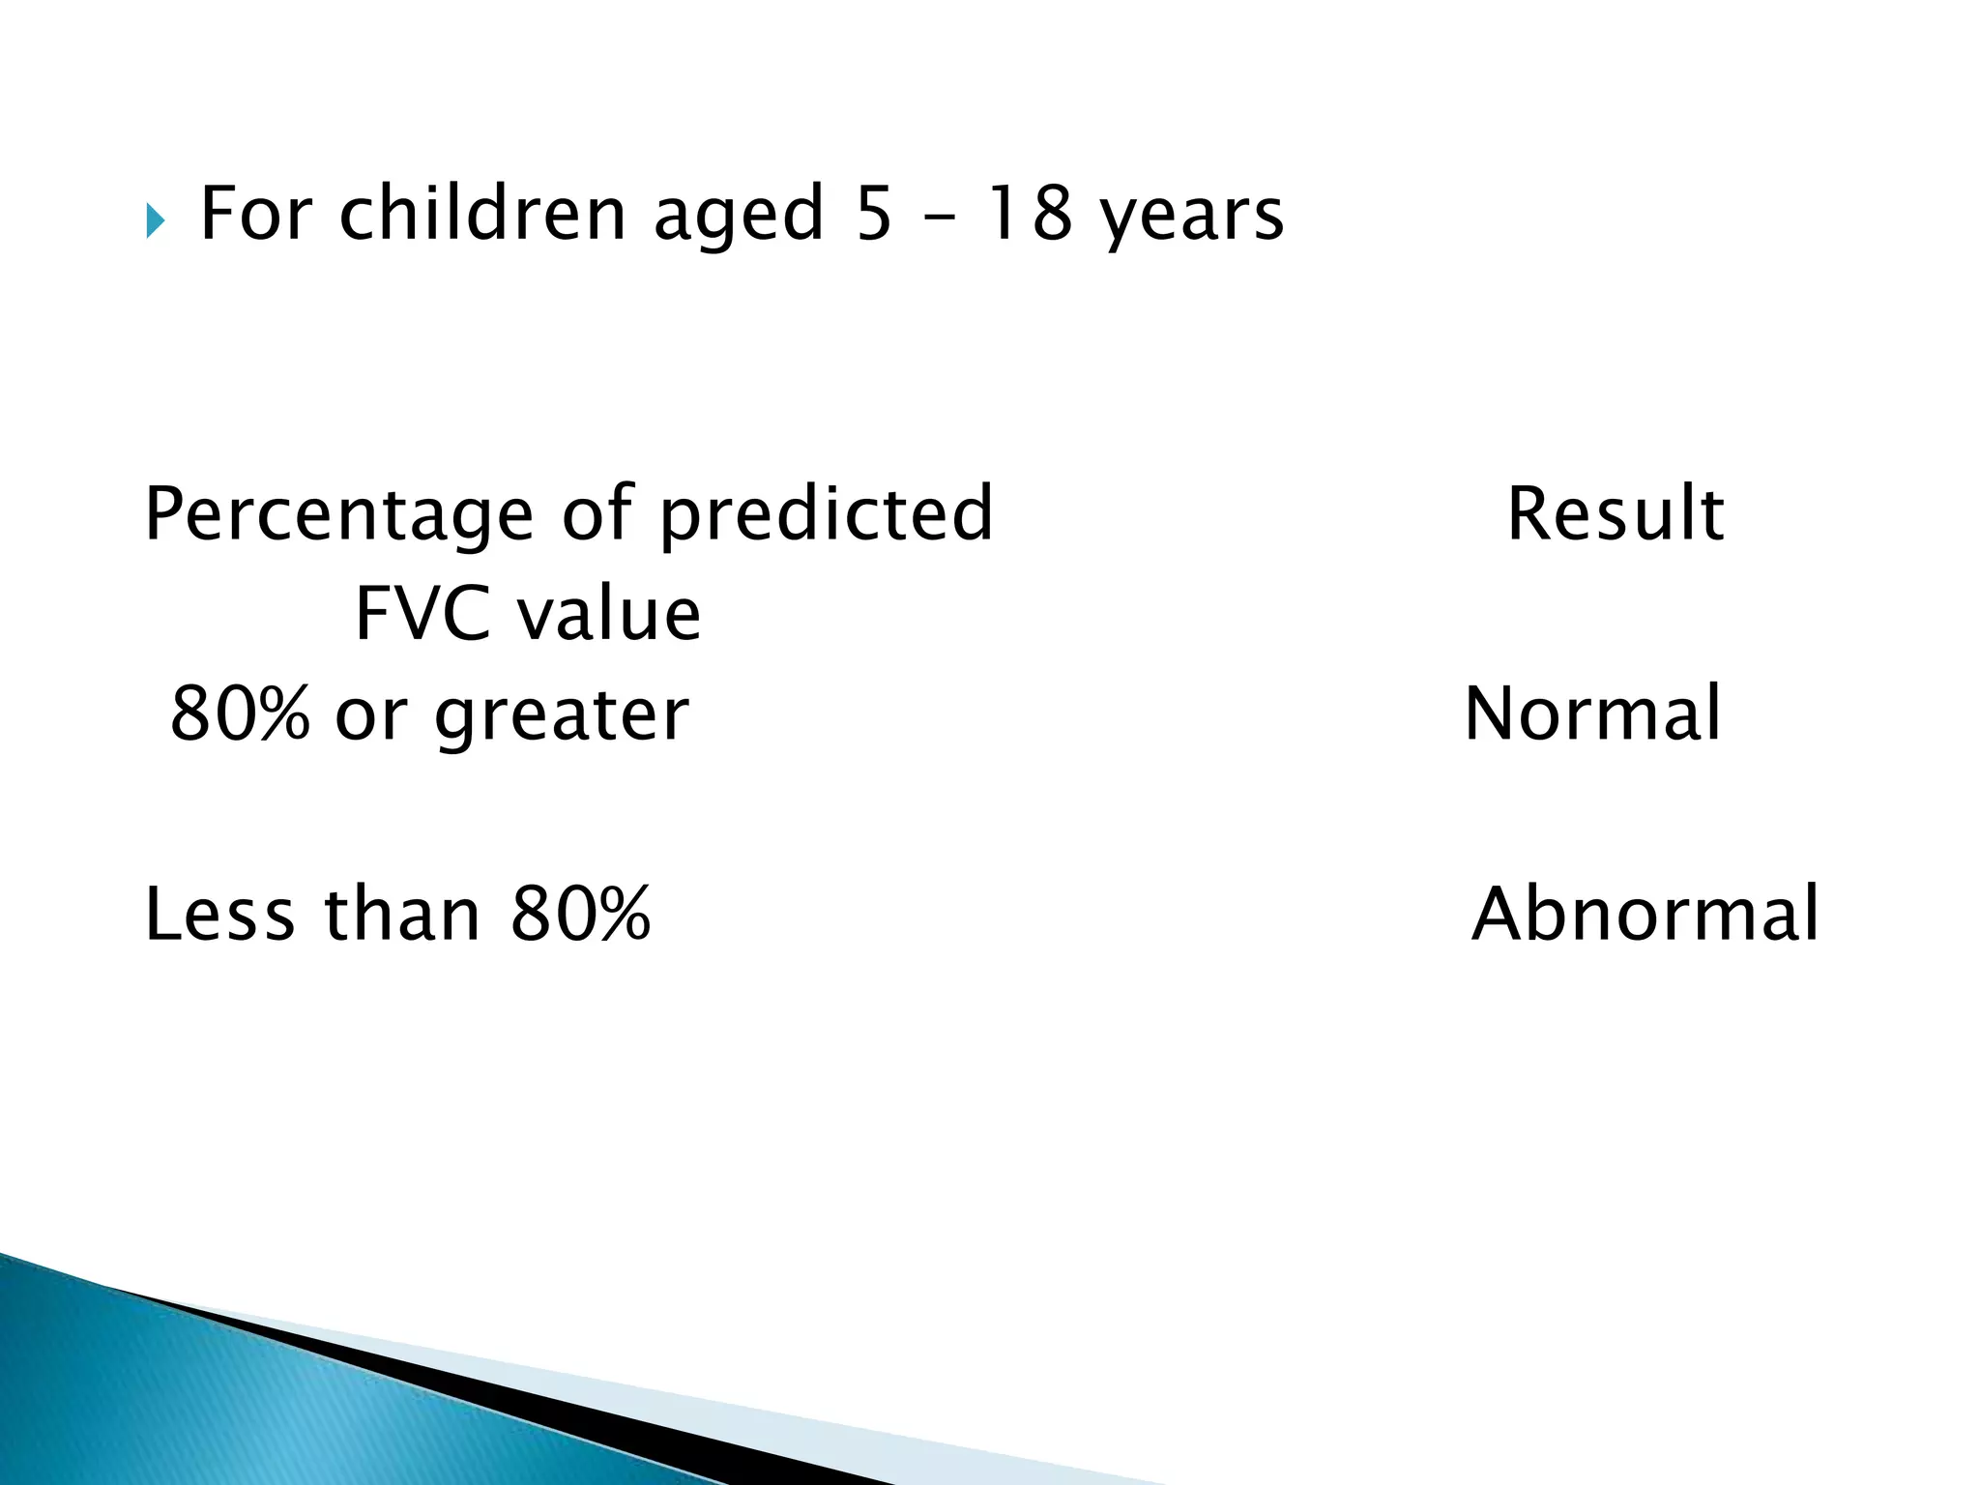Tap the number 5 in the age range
(873, 214)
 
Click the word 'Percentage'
(338, 515)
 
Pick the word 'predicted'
(827, 515)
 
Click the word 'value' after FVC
(608, 614)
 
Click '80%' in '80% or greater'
(241, 713)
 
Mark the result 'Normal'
(1592, 713)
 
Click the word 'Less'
(219, 914)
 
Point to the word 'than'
(402, 914)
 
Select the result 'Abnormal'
(1645, 914)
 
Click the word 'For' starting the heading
(256, 214)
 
